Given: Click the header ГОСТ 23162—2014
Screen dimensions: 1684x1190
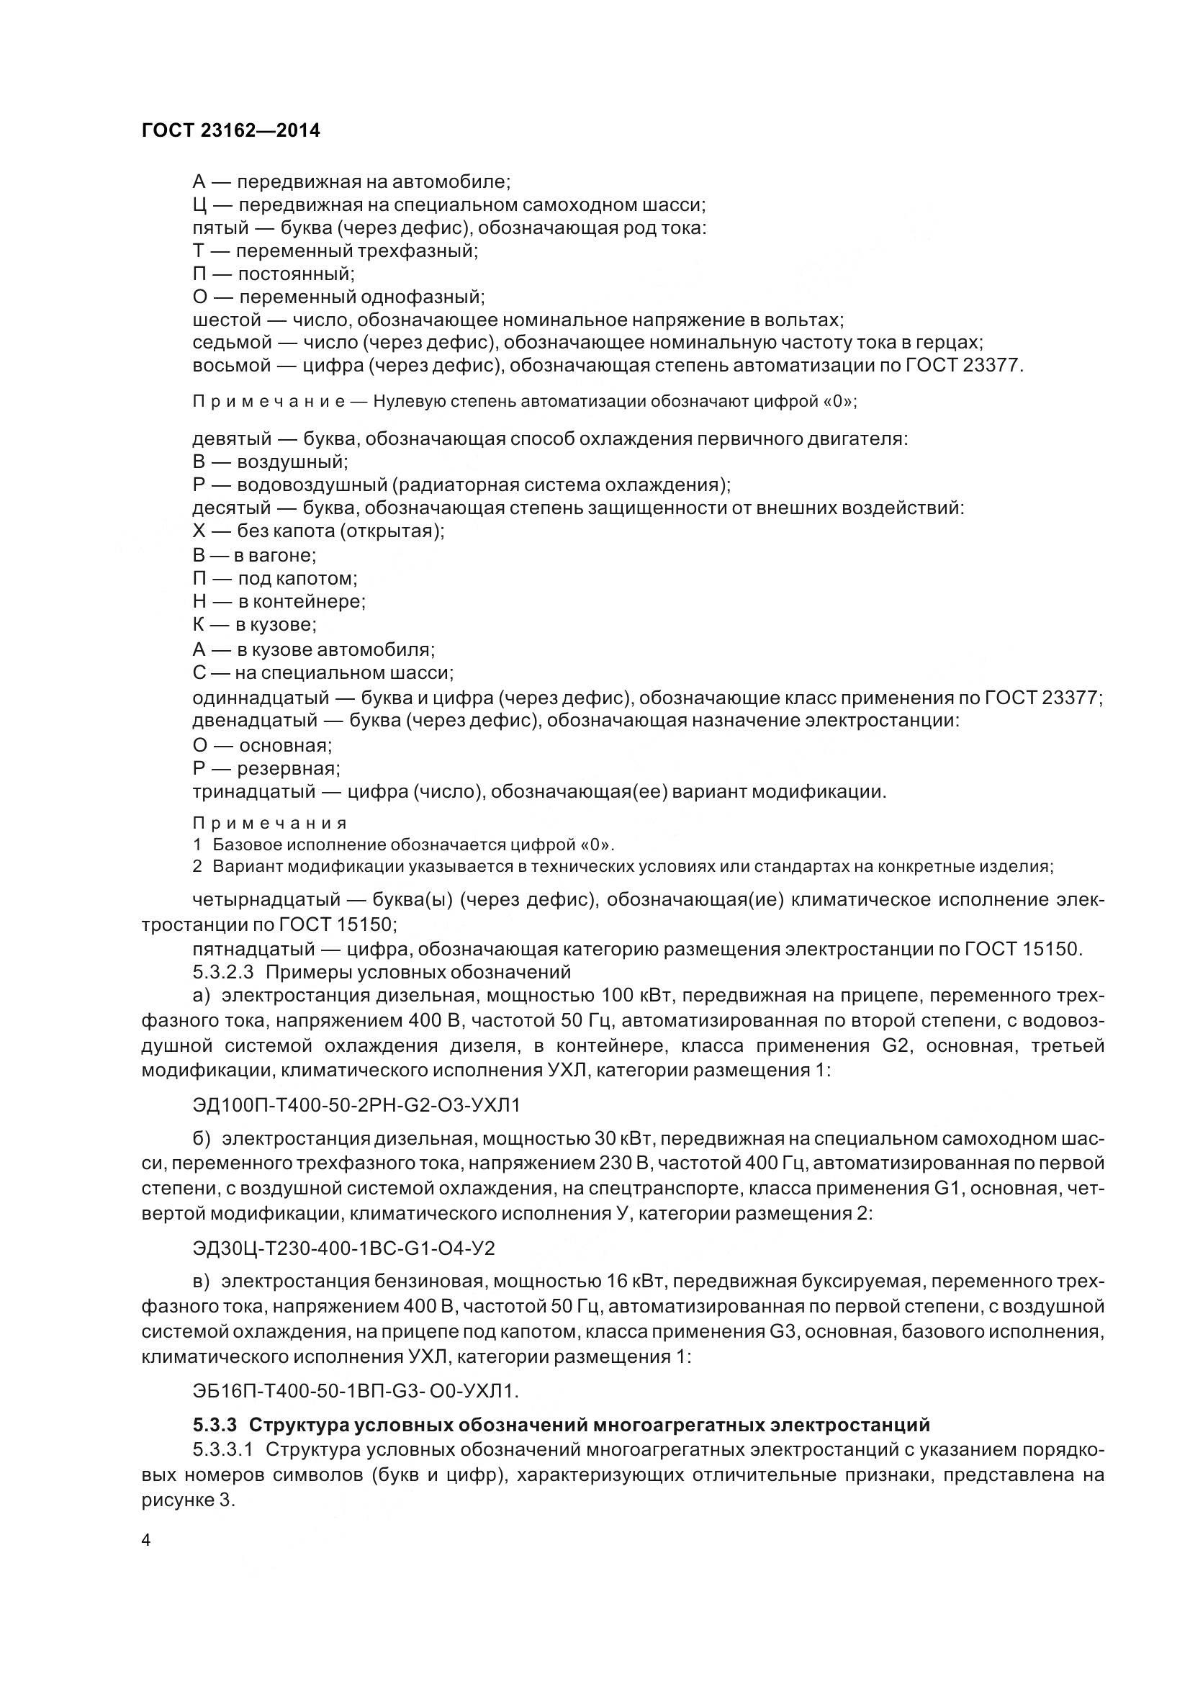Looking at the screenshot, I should click(x=230, y=131).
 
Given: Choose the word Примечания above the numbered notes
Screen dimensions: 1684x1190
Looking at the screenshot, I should click(x=269, y=823).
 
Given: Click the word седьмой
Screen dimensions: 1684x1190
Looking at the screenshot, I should click(x=231, y=343).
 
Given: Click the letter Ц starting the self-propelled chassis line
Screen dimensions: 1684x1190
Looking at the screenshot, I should click(x=199, y=204).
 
